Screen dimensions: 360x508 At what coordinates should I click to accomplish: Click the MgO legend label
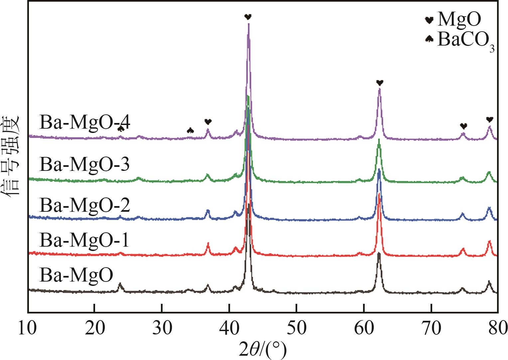(x=459, y=19)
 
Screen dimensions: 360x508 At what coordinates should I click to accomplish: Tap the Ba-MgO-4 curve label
(x=85, y=123)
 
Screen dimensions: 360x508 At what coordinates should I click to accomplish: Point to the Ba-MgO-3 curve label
(x=84, y=164)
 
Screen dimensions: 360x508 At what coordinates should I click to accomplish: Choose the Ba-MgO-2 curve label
(x=84, y=205)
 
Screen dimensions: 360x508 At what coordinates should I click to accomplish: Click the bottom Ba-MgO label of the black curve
(x=76, y=275)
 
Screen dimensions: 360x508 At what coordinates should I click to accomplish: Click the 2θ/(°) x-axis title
(x=262, y=349)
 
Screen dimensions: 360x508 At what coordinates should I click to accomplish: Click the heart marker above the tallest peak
(x=248, y=17)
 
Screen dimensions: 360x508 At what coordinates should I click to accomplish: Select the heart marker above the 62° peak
(x=380, y=82)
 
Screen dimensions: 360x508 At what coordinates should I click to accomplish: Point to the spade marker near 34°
(x=190, y=130)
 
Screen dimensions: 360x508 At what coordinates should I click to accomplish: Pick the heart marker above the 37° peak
(x=208, y=122)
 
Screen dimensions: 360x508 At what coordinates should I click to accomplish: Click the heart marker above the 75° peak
(x=463, y=126)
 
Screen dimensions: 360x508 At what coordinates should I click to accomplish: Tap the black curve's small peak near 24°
(x=120, y=285)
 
